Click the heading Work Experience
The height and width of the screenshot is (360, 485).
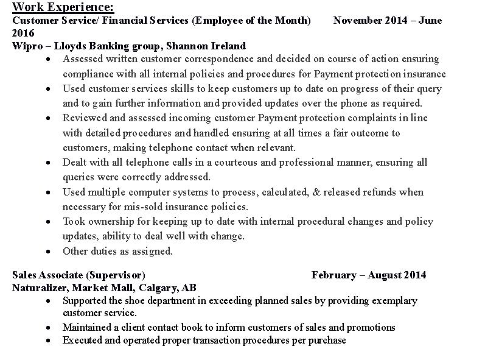(63, 7)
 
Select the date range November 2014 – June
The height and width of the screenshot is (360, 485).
(388, 21)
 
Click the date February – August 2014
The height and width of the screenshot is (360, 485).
(369, 275)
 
